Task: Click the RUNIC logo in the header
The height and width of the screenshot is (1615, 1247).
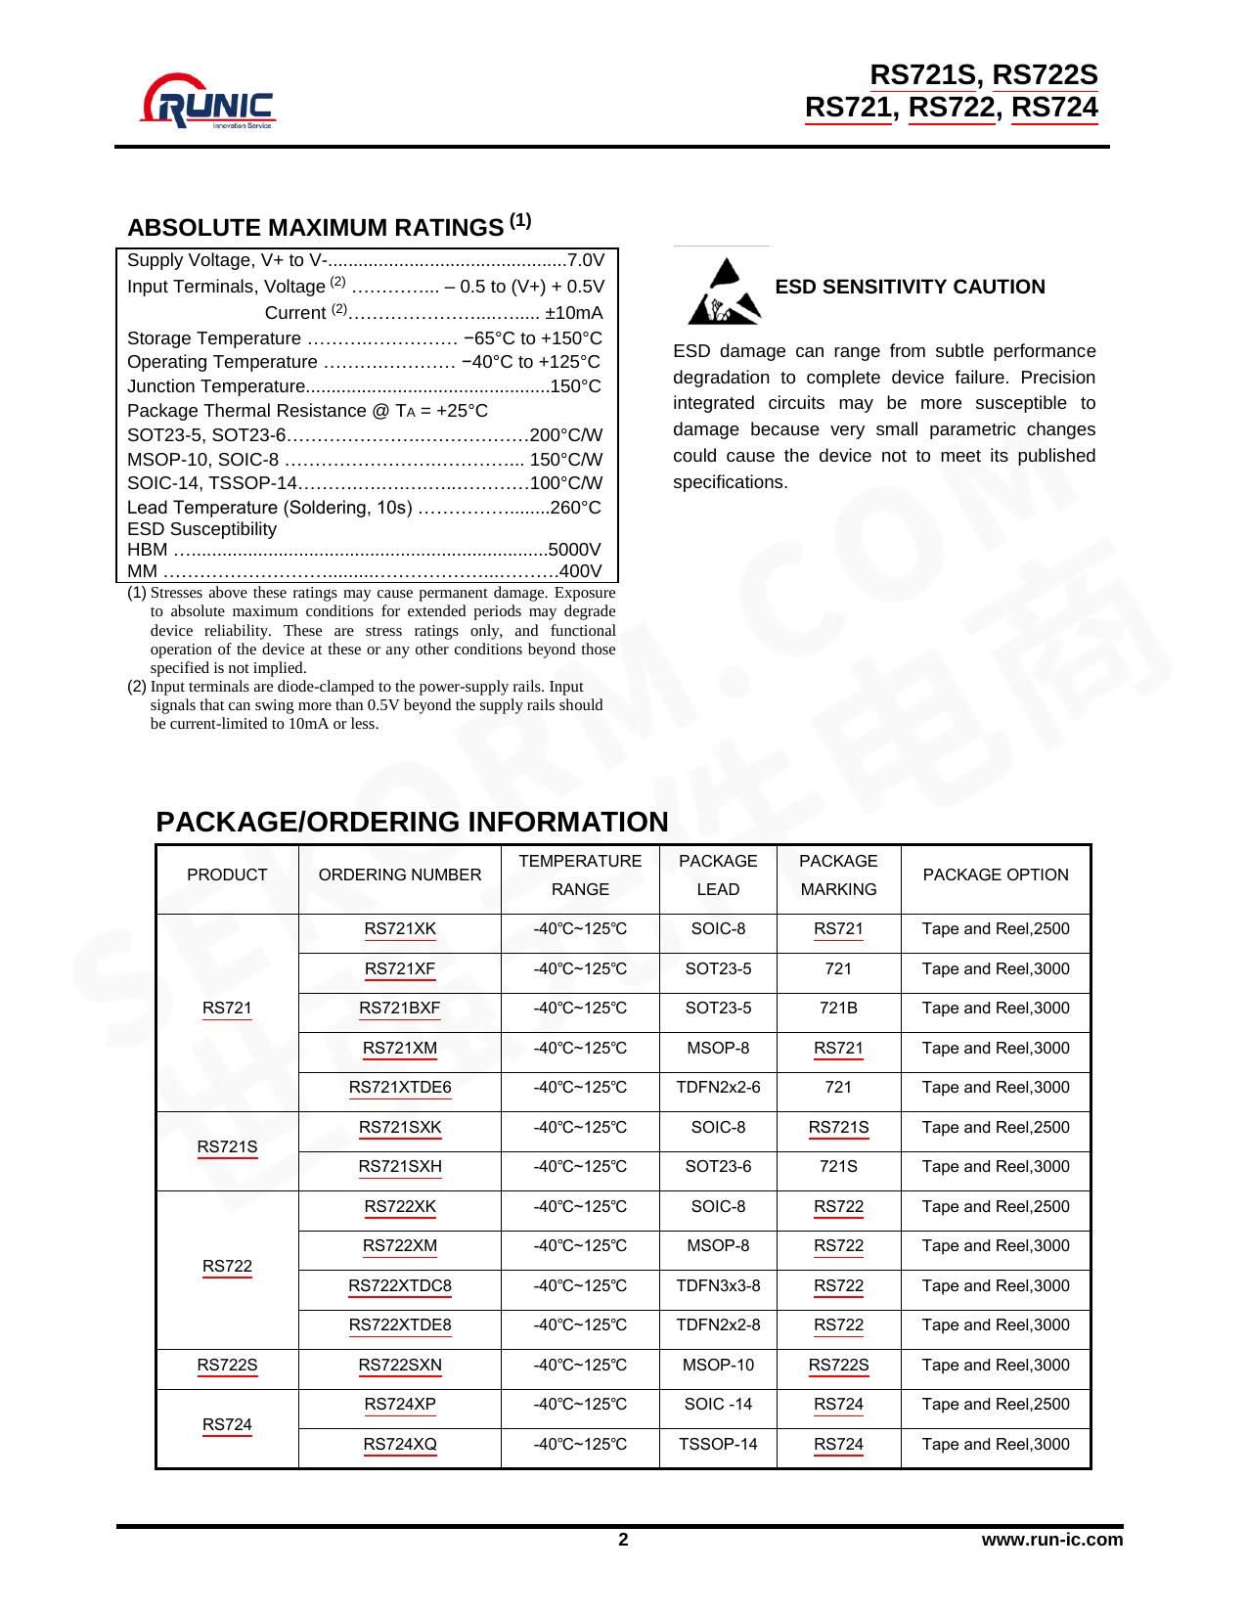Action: (x=208, y=101)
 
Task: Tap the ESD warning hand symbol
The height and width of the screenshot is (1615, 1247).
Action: (x=724, y=292)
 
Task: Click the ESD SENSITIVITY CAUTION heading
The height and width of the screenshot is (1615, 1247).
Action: (x=910, y=287)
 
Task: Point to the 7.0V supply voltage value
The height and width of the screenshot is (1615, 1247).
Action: (x=586, y=260)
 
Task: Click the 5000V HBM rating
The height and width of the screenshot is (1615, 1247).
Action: (x=575, y=550)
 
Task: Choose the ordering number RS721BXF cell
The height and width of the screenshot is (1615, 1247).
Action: (x=399, y=1009)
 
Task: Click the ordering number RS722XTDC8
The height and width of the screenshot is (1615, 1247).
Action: (x=400, y=1286)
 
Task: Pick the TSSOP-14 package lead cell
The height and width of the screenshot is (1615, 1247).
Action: (x=718, y=1445)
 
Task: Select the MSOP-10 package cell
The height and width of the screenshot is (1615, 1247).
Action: (x=718, y=1366)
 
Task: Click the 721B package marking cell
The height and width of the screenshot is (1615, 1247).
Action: (x=838, y=1009)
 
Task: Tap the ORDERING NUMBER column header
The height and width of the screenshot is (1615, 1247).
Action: (x=399, y=875)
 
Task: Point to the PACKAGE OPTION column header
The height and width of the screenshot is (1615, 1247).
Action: (x=995, y=875)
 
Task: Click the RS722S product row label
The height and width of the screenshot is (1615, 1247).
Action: (x=227, y=1366)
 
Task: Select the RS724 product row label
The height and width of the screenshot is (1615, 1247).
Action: (x=227, y=1425)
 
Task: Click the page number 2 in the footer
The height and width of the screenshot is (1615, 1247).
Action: (x=623, y=1541)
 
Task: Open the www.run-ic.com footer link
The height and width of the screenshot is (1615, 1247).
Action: (x=1051, y=1541)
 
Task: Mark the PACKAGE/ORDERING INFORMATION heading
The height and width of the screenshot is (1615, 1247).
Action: (x=412, y=823)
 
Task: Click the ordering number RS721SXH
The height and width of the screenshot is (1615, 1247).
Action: (x=399, y=1167)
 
